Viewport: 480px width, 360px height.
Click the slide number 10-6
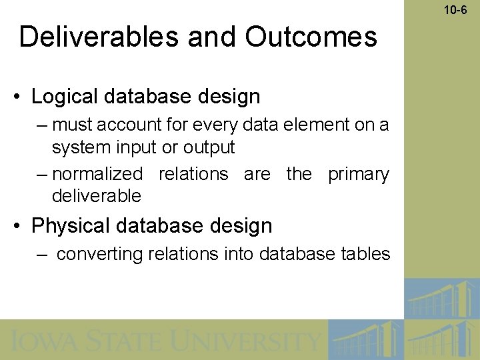pos(457,9)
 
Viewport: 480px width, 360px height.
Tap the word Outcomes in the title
pos(311,37)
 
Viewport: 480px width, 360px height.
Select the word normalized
pos(97,174)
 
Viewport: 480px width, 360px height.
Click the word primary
pos(359,174)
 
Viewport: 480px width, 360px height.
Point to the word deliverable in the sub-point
pos(97,196)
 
